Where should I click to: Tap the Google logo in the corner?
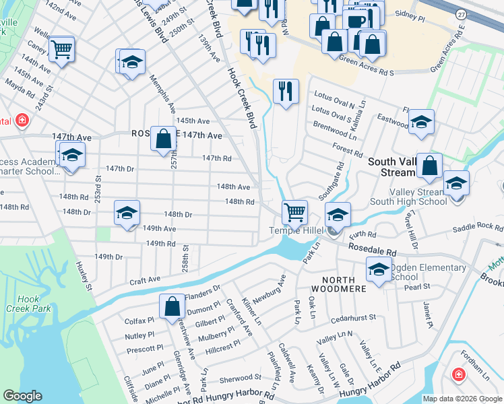22,396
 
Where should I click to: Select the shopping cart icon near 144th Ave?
61,49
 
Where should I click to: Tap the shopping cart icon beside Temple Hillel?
295,212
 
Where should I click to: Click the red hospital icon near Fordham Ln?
458,374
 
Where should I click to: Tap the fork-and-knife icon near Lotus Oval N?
286,91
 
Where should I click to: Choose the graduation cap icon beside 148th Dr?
127,213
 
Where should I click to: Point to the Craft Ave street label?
146,279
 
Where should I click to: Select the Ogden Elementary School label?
427,272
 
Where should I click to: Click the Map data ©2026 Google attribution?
462,399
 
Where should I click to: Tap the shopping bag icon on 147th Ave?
163,139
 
